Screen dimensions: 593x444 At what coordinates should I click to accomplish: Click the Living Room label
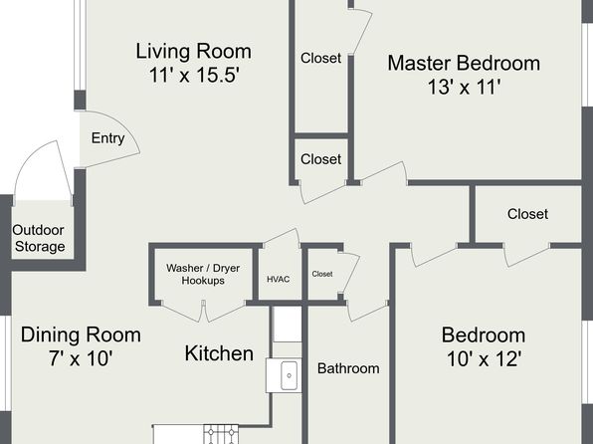point(193,51)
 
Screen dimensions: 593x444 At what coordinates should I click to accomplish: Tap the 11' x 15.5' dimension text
point(195,75)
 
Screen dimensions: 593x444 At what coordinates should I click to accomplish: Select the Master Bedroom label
point(464,63)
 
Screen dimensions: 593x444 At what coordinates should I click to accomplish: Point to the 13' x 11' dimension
point(465,87)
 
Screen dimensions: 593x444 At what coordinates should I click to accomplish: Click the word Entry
point(107,138)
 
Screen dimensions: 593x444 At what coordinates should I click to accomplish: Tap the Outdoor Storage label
point(39,238)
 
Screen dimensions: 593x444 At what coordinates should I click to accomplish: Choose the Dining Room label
point(81,334)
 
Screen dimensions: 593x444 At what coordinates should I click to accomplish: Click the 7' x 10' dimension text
point(81,358)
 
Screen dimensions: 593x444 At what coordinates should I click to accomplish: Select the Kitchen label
point(219,353)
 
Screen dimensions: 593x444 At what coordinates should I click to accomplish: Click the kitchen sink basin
point(289,375)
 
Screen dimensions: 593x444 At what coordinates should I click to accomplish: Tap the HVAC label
point(279,280)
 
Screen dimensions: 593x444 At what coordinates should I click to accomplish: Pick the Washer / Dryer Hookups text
point(203,274)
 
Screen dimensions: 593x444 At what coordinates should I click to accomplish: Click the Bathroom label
point(348,368)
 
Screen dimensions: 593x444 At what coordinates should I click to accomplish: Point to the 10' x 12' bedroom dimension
point(485,358)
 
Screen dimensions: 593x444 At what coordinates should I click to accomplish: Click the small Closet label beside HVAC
point(322,274)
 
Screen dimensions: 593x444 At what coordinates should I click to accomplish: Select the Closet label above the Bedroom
point(527,214)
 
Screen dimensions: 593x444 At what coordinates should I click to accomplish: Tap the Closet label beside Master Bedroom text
point(320,58)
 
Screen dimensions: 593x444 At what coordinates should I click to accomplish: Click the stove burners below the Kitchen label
point(221,434)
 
